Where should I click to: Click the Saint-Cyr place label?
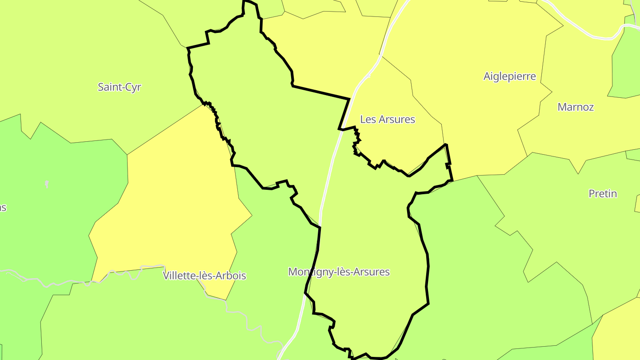click(x=119, y=87)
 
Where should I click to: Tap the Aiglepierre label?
click(x=509, y=76)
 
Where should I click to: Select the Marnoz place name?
click(x=576, y=107)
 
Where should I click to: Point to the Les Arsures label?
click(x=387, y=119)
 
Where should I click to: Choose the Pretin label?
click(x=603, y=194)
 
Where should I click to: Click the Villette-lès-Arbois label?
click(x=204, y=276)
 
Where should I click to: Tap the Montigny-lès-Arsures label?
click(x=339, y=272)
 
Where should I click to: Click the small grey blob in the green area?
click(x=47, y=184)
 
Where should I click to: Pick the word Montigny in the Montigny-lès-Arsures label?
click(x=307, y=272)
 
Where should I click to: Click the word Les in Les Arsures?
click(x=367, y=119)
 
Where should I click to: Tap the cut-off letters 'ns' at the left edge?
click(x=3, y=208)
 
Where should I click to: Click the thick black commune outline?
click(x=428, y=267)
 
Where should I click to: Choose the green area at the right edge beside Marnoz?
click(x=627, y=67)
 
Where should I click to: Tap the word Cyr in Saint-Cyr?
click(x=133, y=87)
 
